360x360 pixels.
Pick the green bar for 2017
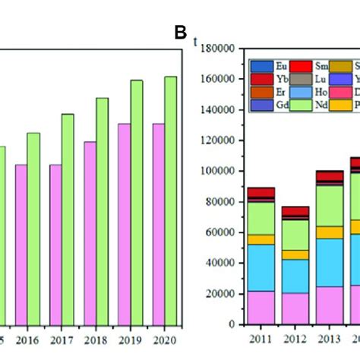pos(68,219)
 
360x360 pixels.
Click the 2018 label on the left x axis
pos(99,339)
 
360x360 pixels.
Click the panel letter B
pos(181,33)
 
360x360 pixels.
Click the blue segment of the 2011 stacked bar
pos(261,267)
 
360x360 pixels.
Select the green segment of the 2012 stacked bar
pos(295,235)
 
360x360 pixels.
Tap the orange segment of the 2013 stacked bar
pos(330,232)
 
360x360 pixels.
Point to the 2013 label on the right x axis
pos(330,339)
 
